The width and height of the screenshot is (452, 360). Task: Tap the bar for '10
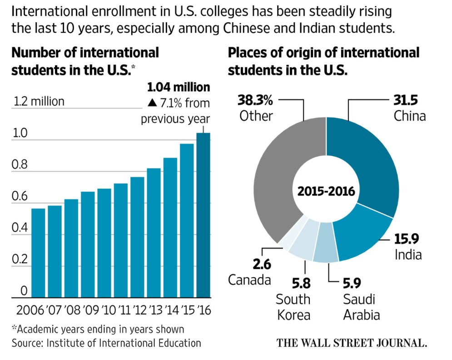104,243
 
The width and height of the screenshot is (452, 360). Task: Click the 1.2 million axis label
39,101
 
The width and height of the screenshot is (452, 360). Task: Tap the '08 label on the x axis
72,311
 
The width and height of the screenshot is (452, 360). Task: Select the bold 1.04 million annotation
179,87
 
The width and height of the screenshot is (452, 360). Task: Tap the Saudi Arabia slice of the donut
327,250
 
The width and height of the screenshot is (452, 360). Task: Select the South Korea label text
293,307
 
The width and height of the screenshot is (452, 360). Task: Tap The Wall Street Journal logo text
352,342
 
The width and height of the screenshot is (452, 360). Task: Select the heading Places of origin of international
323,53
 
